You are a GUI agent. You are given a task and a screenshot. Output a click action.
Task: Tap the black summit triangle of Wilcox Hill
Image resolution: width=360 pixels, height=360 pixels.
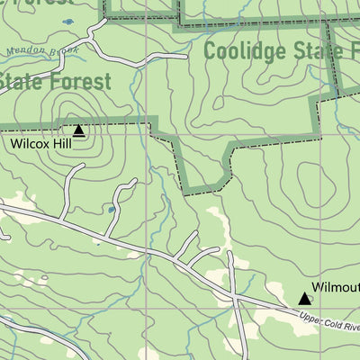pyautogui.click(x=78, y=130)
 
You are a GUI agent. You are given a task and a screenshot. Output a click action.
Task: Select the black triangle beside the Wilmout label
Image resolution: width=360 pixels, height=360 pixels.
pyautogui.click(x=305, y=298)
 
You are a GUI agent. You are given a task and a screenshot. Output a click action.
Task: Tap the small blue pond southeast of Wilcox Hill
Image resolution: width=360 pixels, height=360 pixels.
pyautogui.click(x=109, y=210)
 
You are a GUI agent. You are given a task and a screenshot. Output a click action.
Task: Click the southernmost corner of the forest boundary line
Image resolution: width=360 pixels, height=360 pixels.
pyautogui.click(x=214, y=190)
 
